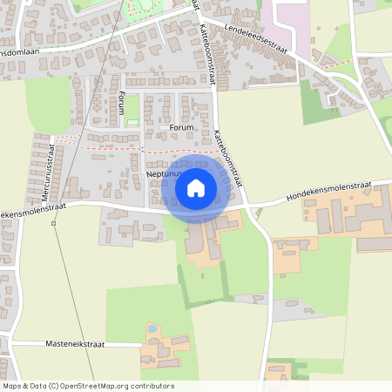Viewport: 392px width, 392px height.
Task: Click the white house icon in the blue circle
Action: (196, 187)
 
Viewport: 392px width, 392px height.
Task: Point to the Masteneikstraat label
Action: (73, 345)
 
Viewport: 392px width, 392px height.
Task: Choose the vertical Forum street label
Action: (122, 103)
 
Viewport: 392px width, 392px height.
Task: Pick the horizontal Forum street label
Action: (180, 128)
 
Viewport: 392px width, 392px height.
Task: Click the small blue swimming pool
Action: (152, 329)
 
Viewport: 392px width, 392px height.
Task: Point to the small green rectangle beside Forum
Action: (132, 123)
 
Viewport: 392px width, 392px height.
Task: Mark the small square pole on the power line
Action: (53, 223)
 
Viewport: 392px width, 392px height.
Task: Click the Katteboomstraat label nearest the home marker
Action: (224, 157)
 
